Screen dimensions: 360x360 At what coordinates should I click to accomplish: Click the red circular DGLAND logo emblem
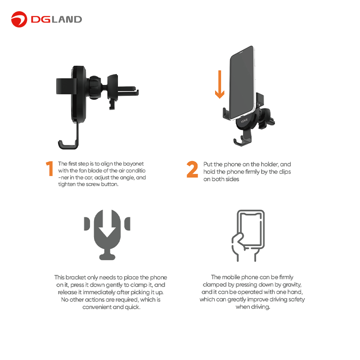pos(19,19)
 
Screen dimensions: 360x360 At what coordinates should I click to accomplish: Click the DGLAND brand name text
pos(56,19)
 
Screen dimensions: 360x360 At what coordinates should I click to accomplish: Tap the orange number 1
pos(49,168)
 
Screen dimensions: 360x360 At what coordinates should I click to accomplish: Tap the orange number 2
pos(192,169)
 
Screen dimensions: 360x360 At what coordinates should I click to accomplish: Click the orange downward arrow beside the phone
pos(220,85)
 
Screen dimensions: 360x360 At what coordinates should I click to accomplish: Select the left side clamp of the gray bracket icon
pos(87,223)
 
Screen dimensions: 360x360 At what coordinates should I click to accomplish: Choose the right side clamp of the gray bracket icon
pos(127,223)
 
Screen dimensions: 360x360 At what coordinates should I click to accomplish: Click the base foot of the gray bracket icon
pos(107,255)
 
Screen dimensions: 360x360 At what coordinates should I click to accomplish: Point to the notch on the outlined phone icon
pos(251,215)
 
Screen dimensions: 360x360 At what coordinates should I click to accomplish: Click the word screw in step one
pos(93,184)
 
